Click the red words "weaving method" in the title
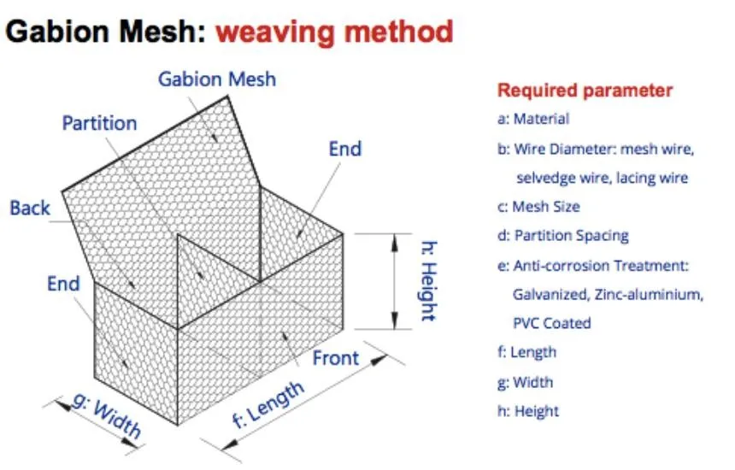(334, 32)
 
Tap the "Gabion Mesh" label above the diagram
(217, 79)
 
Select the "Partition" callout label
(99, 123)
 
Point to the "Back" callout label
(30, 207)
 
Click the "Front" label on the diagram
(336, 357)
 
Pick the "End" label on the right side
(345, 149)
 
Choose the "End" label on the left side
(63, 284)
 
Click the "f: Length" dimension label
(268, 403)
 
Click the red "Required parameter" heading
(585, 91)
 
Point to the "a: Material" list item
(533, 120)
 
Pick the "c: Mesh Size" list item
(538, 207)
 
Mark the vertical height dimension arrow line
(394, 280)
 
